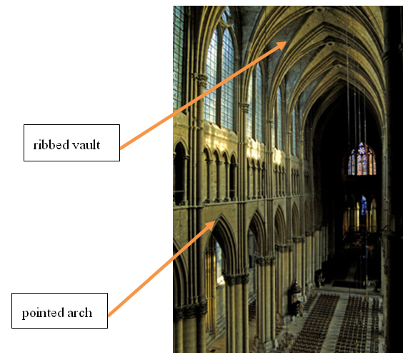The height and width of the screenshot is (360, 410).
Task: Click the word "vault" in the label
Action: pos(86,144)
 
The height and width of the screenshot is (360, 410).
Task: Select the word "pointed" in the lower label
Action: pos(43,313)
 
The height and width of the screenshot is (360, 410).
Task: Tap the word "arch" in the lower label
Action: pos(80,313)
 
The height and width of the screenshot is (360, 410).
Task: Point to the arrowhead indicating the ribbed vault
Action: pos(282,45)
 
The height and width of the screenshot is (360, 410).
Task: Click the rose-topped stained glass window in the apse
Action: pos(361,159)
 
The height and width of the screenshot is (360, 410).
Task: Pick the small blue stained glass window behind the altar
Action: pos(364,206)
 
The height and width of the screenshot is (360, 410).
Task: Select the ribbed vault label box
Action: pos(71,143)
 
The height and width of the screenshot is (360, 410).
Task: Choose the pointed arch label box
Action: pos(59,311)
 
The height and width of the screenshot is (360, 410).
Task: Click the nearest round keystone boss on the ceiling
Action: pos(319,10)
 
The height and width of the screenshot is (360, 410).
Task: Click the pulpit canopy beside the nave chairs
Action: pos(296,287)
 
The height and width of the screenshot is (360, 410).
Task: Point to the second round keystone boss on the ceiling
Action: pos(329,44)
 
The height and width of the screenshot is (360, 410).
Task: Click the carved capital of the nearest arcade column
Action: pos(236,279)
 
